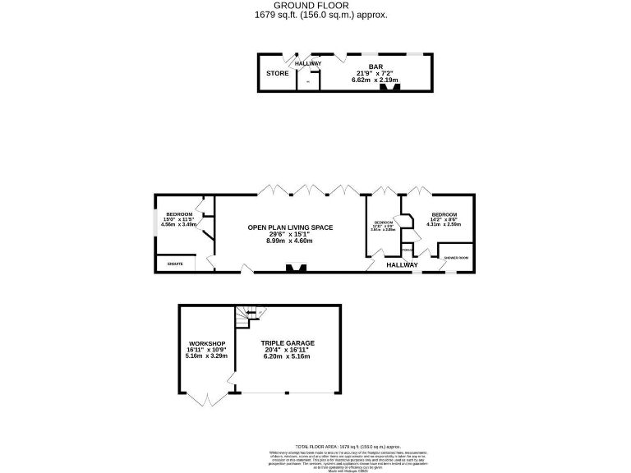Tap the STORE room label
click(277, 73)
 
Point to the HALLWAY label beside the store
click(308, 63)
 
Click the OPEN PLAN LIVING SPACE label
click(290, 227)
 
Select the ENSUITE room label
click(175, 264)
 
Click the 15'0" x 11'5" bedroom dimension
click(177, 219)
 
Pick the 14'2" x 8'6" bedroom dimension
click(444, 218)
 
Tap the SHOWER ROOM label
click(456, 258)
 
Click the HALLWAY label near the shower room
click(403, 265)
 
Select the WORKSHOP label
click(206, 343)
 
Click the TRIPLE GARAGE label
click(288, 343)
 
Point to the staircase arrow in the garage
click(250, 313)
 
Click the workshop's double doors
click(206, 401)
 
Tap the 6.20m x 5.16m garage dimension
click(288, 358)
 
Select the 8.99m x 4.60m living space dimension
click(290, 241)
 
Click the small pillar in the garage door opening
click(288, 393)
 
